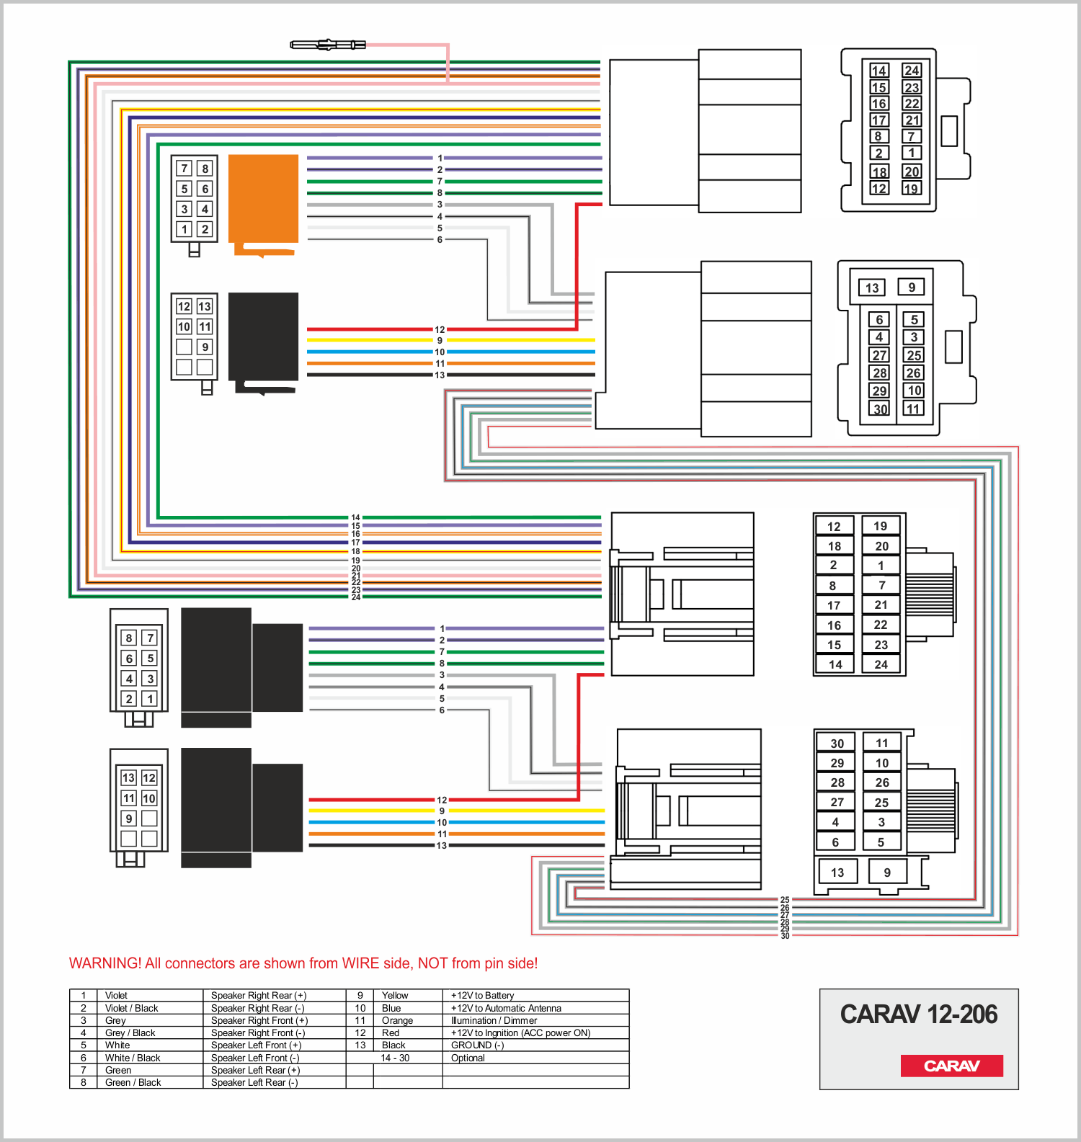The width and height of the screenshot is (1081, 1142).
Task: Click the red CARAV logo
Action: (951, 1066)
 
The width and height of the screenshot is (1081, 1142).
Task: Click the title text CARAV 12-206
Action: (919, 1014)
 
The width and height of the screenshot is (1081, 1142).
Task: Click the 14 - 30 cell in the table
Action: (395, 1058)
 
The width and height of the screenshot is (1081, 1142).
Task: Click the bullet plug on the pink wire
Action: (328, 45)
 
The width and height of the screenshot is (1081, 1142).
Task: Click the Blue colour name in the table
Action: (391, 1008)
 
